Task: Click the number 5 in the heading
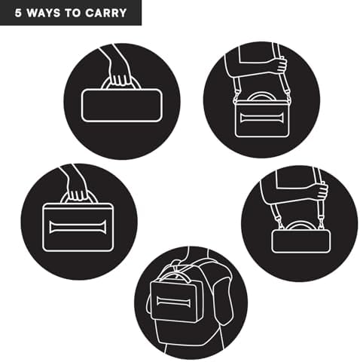[18, 13]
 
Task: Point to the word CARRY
[105, 13]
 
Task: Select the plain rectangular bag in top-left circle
[121, 106]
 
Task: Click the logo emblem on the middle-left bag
[78, 227]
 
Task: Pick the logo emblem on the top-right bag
[261, 118]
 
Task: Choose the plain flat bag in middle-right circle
[301, 241]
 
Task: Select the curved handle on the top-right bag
[261, 97]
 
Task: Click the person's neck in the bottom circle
[198, 254]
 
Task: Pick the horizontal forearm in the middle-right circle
[292, 193]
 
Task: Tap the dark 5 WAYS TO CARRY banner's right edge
[142, 13]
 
